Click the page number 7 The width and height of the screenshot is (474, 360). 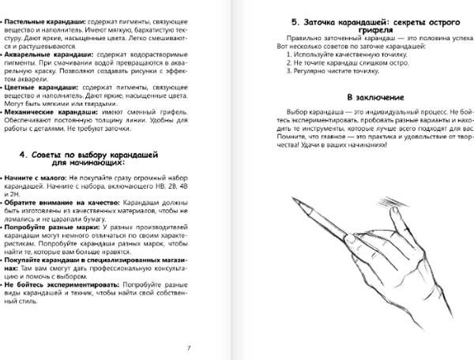click(188, 347)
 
